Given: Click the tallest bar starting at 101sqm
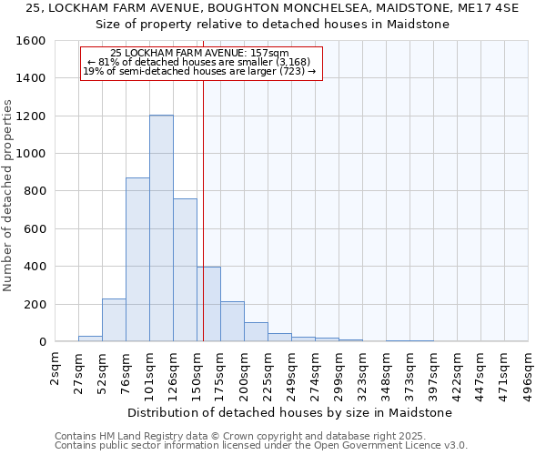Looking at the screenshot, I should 161,227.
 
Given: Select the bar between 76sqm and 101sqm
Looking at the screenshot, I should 137,259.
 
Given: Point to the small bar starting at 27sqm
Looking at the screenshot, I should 90,338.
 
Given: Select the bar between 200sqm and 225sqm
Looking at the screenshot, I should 256,332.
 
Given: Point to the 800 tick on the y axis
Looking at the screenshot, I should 34,191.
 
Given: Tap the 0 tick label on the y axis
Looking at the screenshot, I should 42,341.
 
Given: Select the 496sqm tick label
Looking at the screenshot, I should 529,371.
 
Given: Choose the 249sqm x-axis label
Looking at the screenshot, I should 292,371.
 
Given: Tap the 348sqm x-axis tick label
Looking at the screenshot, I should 387,371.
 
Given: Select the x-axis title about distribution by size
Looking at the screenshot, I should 289,412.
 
